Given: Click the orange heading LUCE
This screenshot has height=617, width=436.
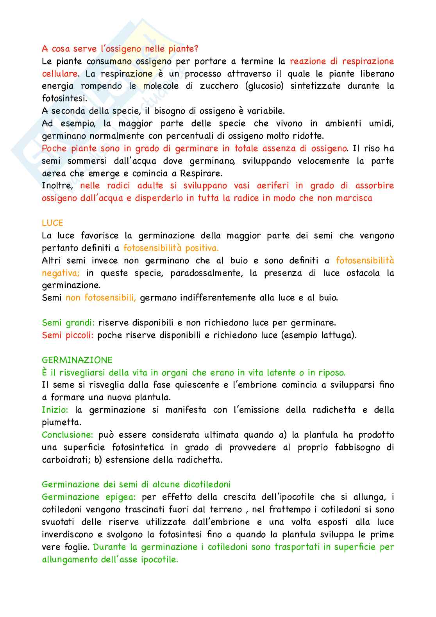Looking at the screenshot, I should pos(52,223).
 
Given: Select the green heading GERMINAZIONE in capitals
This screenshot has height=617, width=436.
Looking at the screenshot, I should pos(77,360).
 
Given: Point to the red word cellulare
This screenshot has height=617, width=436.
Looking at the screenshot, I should pos(60,73).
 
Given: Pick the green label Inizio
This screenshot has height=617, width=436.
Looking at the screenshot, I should pos(55,410).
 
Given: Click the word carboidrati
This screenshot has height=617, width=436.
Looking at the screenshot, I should pos(65,460).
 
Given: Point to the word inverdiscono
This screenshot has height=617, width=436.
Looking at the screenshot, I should pos(68,535).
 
